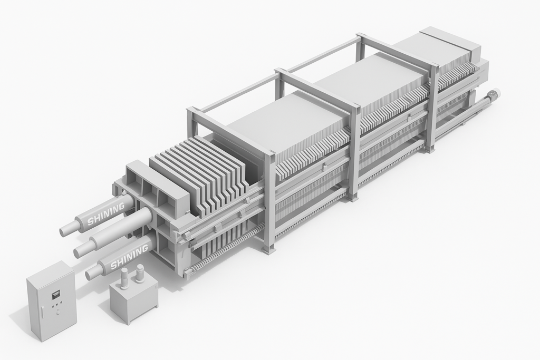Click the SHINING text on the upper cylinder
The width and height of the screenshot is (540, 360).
coord(105,215)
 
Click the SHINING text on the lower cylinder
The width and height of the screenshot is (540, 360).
coord(129,256)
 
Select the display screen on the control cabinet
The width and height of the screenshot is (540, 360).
coord(55,294)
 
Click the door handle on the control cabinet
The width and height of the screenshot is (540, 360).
coord(42,312)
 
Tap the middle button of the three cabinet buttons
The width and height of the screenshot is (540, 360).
coord(57,305)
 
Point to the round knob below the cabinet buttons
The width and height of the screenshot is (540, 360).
coord(58,312)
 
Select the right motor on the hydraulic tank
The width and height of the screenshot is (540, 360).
coord(139,273)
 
